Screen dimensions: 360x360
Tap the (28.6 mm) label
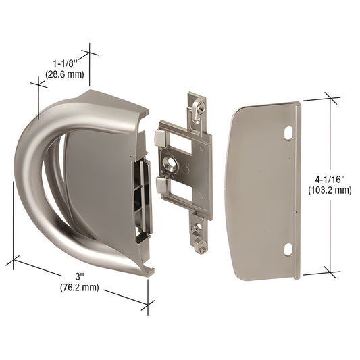pyautogui.click(x=64, y=74)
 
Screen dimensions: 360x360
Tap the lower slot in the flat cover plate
pyautogui.click(x=286, y=250)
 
